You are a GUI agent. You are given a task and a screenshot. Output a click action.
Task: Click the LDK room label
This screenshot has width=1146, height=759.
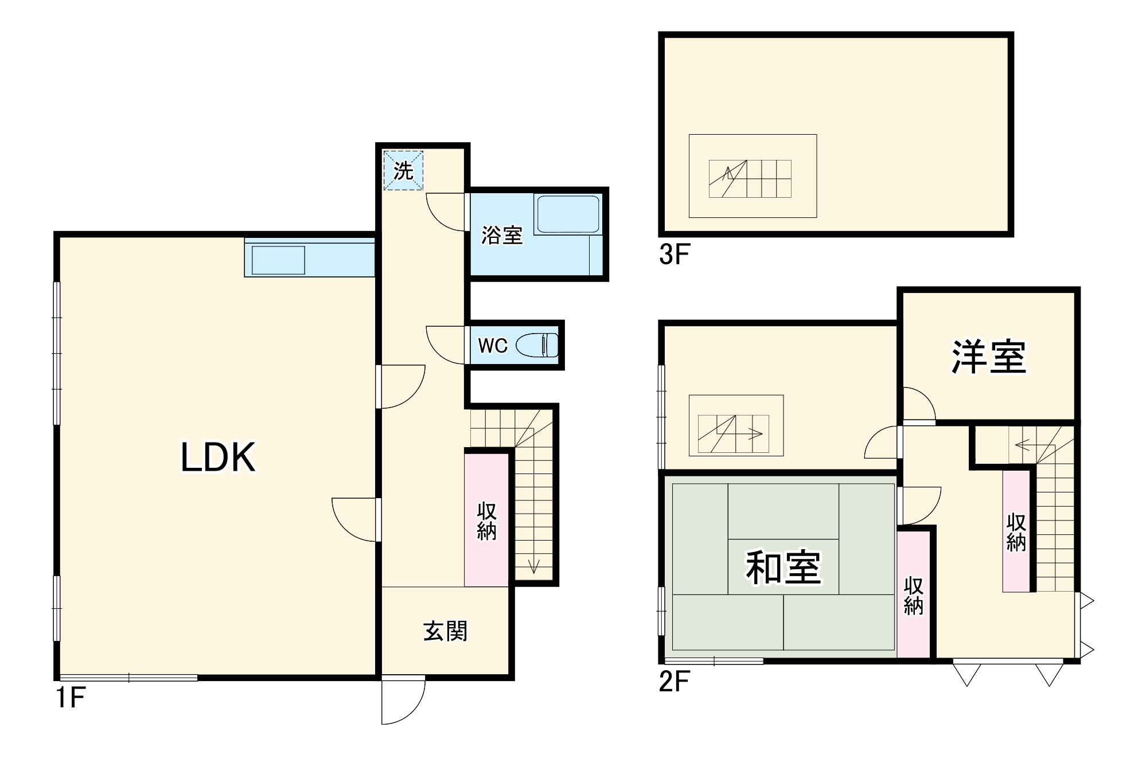point(218,457)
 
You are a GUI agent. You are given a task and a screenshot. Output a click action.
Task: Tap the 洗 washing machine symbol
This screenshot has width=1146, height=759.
point(403,170)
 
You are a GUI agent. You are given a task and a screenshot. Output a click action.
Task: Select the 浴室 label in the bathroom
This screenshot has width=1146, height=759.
point(501,235)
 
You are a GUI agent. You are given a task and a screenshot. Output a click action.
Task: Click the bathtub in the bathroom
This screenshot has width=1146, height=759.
point(567,214)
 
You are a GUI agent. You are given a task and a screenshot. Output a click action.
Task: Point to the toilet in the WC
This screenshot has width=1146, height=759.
point(537,346)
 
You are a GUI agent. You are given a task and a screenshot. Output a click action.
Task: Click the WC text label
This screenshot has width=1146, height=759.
point(493,346)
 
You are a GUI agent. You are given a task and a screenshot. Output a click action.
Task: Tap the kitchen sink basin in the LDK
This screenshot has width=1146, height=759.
point(278,260)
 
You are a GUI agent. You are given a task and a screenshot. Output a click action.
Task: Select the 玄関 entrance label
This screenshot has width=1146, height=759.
point(445,631)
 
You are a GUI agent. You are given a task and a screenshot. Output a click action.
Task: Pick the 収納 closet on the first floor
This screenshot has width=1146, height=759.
point(486,521)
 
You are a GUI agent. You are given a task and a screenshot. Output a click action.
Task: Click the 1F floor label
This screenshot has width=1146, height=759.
point(71,698)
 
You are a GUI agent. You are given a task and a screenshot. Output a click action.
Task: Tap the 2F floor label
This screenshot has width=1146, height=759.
point(674,682)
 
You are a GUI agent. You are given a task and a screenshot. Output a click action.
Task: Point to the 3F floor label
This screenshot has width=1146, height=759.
point(674,254)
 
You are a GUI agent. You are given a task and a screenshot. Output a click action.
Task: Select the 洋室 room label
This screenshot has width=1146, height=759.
point(989,357)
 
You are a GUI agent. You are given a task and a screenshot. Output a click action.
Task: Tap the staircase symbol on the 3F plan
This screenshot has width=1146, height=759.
point(750,179)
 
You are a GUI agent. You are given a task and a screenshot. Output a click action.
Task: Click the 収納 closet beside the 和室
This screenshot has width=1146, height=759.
point(913,596)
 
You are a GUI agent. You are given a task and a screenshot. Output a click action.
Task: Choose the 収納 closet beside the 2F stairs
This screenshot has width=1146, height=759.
point(1016,532)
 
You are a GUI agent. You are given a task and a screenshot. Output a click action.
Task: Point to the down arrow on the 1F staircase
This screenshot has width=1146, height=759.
point(534,565)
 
